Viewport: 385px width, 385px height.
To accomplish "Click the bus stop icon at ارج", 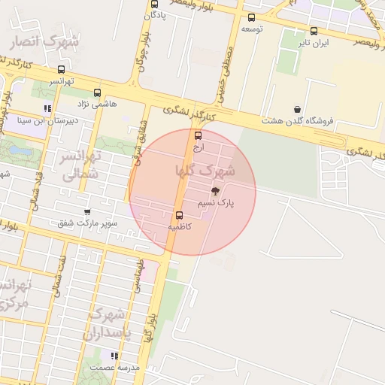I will point(198,136).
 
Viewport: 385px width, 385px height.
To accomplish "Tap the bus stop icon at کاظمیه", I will point(179,215).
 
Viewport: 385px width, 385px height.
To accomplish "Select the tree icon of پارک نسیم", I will point(217,192).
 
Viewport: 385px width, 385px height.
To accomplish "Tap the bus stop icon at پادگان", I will point(153,4).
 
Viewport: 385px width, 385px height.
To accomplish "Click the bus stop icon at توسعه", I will point(251,17).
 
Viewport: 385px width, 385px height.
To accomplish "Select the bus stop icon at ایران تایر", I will point(314,31).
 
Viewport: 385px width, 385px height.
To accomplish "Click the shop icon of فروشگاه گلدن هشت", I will point(298,109).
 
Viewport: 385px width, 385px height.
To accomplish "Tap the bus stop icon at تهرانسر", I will point(61,70).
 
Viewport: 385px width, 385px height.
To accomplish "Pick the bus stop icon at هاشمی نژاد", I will point(97,92).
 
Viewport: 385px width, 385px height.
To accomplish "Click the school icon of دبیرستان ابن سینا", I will point(47,108).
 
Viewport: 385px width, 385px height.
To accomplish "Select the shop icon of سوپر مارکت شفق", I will point(87,212).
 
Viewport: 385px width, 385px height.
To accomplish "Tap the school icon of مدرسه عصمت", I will point(114,356).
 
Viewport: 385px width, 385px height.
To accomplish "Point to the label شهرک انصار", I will point(43,43).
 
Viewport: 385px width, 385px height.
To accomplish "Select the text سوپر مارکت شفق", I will point(86,223).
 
